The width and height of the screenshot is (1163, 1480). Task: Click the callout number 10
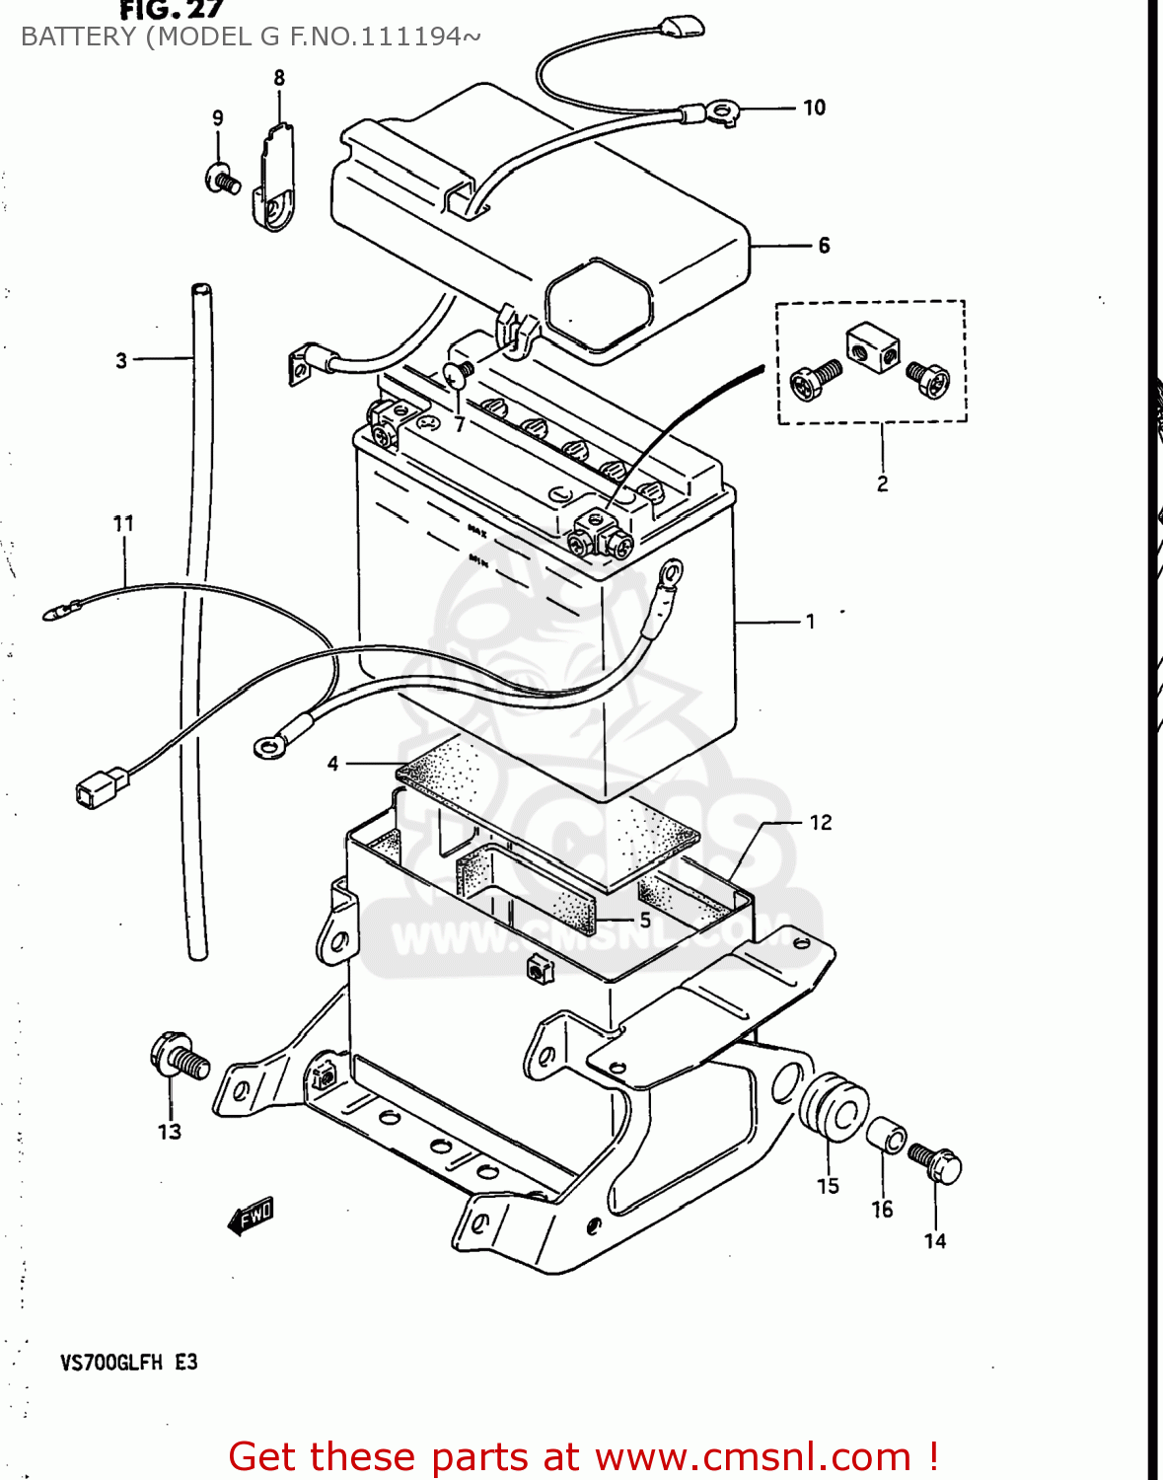814,108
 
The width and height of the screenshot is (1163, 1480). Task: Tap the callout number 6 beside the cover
824,246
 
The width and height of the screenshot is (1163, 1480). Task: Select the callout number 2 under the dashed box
882,483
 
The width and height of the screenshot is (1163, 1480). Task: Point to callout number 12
821,823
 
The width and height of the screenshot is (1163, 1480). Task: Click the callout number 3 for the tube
121,361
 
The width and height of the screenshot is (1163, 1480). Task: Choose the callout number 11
123,524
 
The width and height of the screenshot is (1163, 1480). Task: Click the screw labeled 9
223,181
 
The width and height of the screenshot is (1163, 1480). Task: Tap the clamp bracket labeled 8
276,178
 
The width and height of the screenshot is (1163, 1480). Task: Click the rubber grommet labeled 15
834,1110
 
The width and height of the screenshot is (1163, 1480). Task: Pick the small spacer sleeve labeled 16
886,1136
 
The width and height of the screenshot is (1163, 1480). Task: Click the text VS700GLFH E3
129,1363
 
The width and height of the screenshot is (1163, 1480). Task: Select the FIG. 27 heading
172,11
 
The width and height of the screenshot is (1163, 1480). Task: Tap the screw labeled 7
456,375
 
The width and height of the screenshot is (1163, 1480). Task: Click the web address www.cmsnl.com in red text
753,1457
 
